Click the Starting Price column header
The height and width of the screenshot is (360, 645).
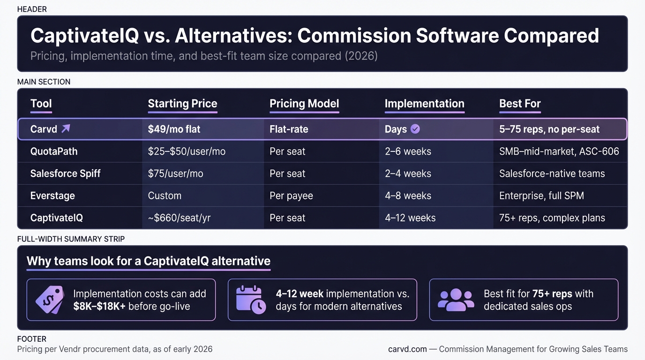pos(182,104)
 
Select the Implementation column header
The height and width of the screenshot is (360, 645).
pos(424,104)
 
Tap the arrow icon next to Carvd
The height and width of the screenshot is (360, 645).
pos(66,128)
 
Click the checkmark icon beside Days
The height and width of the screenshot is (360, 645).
pos(415,129)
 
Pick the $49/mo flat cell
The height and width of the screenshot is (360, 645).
pos(174,129)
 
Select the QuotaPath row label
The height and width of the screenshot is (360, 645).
pos(54,151)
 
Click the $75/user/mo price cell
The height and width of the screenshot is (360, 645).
pos(175,173)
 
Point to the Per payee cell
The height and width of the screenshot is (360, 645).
pos(291,195)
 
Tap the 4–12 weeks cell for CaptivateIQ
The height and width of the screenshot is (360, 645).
pos(410,217)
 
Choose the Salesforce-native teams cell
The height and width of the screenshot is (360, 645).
pos(552,173)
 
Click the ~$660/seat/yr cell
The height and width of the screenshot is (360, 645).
pos(179,217)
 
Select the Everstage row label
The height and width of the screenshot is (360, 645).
pos(52,195)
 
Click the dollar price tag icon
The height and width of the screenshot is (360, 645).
pos(50,300)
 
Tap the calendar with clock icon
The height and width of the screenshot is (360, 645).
pos(251,300)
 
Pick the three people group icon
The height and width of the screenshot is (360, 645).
pos(456,300)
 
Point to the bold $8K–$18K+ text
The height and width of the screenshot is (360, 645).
pos(99,306)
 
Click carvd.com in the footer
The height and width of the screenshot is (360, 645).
pos(407,349)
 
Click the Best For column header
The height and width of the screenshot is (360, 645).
pos(520,104)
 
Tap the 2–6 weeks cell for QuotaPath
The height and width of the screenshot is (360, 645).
pos(408,151)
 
